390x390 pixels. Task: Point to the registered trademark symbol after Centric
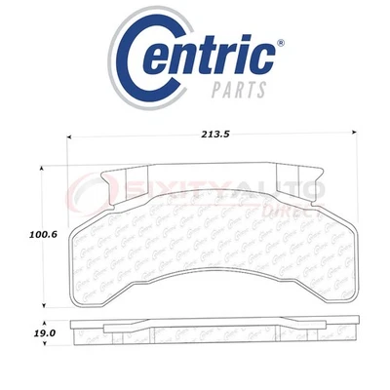[x=279, y=42]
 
